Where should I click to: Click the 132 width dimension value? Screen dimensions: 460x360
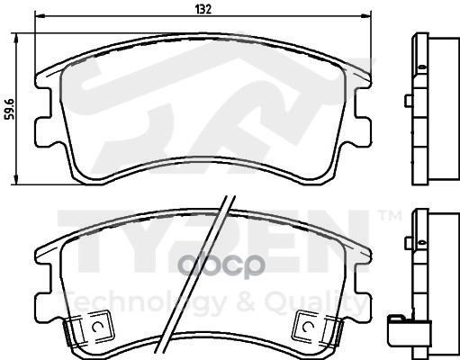203,10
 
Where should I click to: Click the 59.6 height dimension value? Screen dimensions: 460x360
11,110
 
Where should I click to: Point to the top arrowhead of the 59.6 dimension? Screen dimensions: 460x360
16,38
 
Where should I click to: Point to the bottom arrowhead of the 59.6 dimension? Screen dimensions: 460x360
16,180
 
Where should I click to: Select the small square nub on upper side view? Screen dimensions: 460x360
409,101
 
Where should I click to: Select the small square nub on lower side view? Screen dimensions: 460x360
409,242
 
